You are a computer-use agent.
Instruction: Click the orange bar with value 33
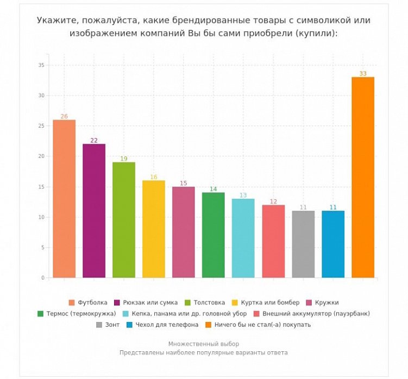pyautogui.click(x=363, y=178)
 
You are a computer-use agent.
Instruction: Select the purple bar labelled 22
pyautogui.click(x=94, y=211)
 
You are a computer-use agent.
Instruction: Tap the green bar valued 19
pyautogui.click(x=124, y=220)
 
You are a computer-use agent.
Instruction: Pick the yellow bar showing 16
pyautogui.click(x=154, y=229)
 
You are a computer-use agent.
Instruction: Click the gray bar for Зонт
pyautogui.click(x=303, y=244)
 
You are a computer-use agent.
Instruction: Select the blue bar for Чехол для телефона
pyautogui.click(x=333, y=244)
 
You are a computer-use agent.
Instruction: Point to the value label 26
pyautogui.click(x=64, y=117)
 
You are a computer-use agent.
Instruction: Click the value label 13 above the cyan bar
pyautogui.click(x=243, y=195)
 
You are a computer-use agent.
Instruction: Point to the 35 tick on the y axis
pyautogui.click(x=41, y=65)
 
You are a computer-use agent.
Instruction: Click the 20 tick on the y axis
pyautogui.click(x=41, y=156)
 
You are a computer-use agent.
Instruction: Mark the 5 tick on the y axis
pyautogui.click(x=42, y=248)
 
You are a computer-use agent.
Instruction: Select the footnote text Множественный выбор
pyautogui.click(x=204, y=344)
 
